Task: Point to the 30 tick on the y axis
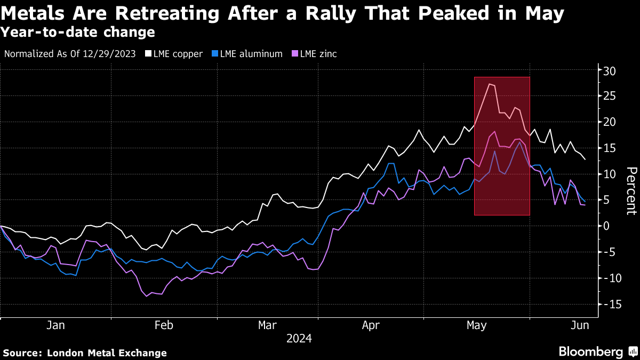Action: (610, 70)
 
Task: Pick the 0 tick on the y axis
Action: (607, 226)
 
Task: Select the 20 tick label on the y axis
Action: (610, 122)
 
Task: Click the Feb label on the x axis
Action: (164, 325)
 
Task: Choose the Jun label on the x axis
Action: (580, 325)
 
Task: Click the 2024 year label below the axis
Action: (299, 338)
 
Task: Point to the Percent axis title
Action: (631, 190)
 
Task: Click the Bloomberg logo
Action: (590, 352)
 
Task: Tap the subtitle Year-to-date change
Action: (78, 32)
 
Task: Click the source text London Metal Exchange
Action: (107, 353)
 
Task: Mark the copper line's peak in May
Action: (490, 84)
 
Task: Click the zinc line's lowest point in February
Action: (147, 296)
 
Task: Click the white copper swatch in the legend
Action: (149, 53)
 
